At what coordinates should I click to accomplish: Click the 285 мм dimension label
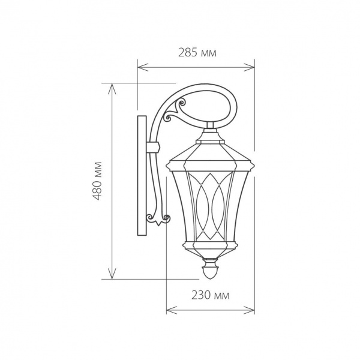click(197, 53)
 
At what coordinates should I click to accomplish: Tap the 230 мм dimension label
click(211, 295)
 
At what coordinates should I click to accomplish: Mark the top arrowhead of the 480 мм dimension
click(112, 89)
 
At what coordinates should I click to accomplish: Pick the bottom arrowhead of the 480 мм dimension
click(112, 274)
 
